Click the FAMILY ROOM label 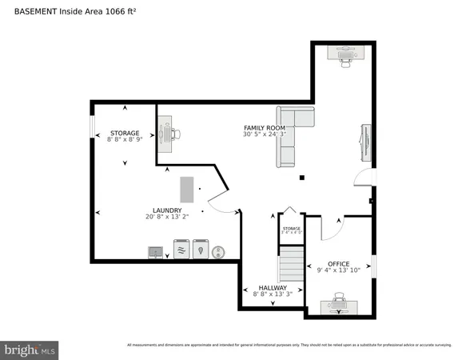point(265,128)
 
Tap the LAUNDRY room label point(166,210)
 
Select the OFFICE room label point(339,263)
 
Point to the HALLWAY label point(273,287)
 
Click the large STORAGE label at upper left point(125,133)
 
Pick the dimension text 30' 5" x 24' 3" point(265,134)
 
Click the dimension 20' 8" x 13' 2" point(166,217)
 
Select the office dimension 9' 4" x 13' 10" point(339,270)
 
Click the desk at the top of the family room point(346,52)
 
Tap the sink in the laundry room point(155,252)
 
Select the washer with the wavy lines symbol point(181,250)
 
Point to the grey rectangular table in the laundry point(186,190)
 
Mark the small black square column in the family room point(301,178)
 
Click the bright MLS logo point(30,349)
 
